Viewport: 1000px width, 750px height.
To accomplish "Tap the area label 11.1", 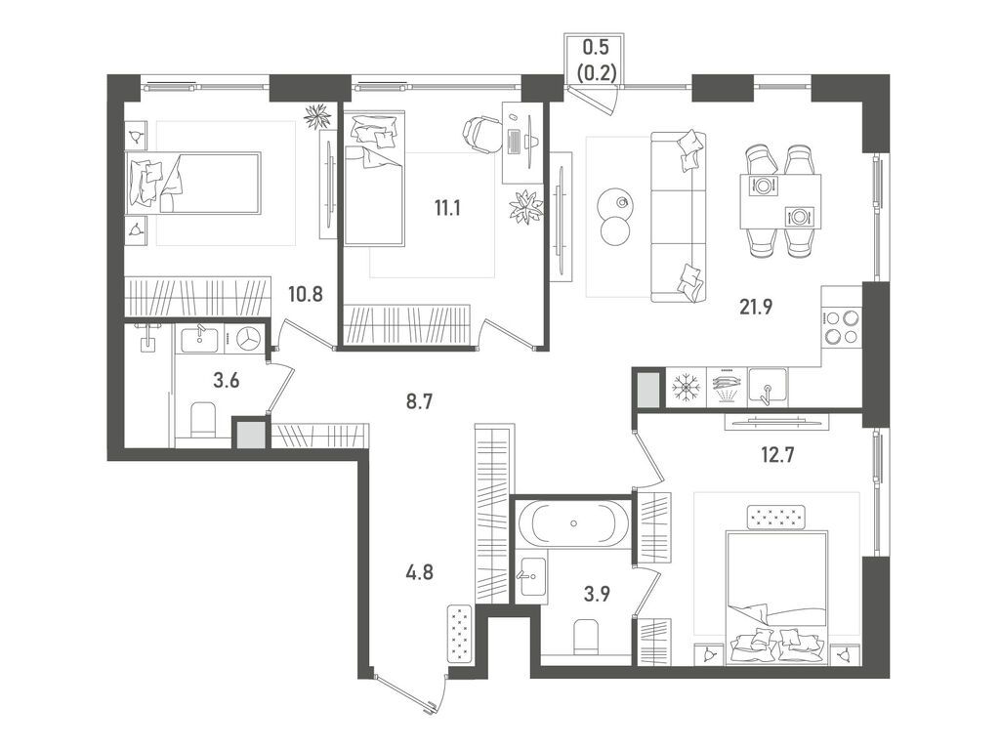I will pyautogui.click(x=448, y=207).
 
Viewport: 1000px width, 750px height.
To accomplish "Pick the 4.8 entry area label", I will pyautogui.click(x=418, y=574).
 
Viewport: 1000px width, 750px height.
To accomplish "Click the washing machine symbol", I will pyautogui.click(x=247, y=338).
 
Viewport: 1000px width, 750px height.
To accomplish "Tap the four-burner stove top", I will pyautogui.click(x=842, y=326).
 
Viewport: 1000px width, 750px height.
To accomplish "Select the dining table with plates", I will pyautogui.click(x=779, y=199).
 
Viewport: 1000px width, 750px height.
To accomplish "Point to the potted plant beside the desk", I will pyautogui.click(x=526, y=206).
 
